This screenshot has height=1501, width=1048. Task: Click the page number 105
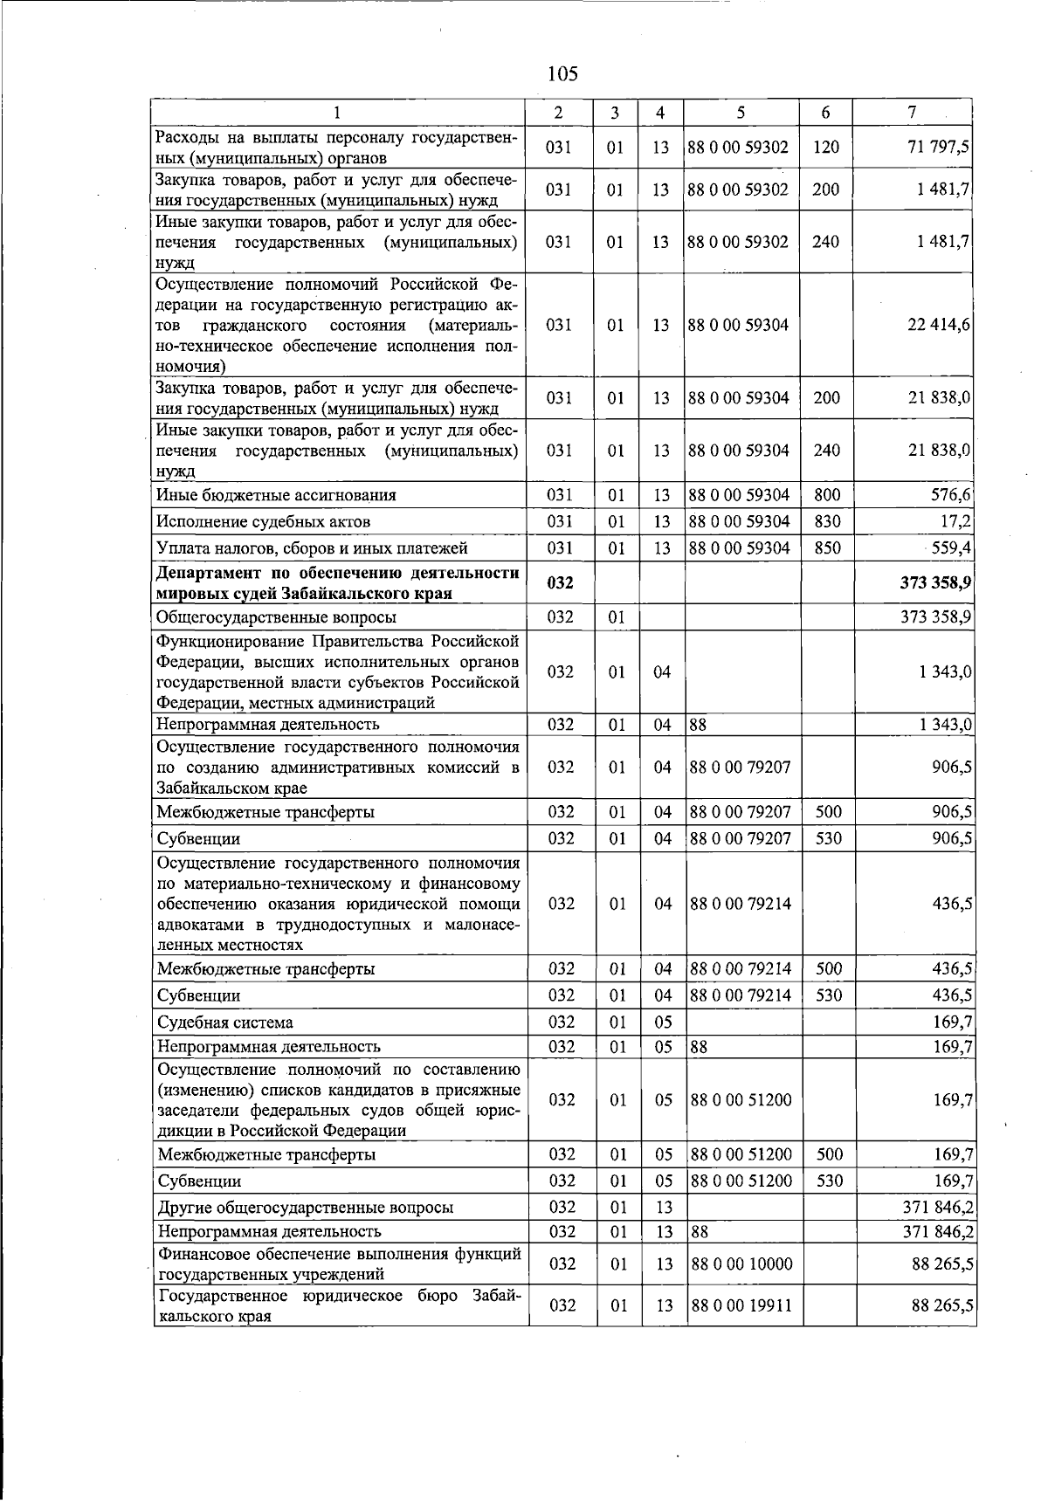[x=563, y=73]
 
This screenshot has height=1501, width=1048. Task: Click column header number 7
[x=912, y=113]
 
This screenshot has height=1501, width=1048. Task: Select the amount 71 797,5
[x=939, y=148]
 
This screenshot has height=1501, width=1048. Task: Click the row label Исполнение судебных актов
[x=264, y=522]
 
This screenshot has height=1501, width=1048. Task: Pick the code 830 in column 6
[x=826, y=521]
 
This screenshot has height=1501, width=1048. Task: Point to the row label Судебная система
[x=224, y=1022]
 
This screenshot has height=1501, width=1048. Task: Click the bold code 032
[x=559, y=583]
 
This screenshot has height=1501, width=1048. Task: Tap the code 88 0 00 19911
[x=741, y=1305]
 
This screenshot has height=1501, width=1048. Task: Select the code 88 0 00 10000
[x=741, y=1264]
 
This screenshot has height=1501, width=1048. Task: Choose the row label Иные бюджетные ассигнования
[x=276, y=495]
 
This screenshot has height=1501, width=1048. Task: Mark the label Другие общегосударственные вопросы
[x=305, y=1208]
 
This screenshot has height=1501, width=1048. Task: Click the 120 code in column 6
[x=825, y=148]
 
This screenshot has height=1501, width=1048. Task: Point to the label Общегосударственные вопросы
[x=276, y=617]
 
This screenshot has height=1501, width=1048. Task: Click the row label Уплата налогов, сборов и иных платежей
[x=312, y=548]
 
